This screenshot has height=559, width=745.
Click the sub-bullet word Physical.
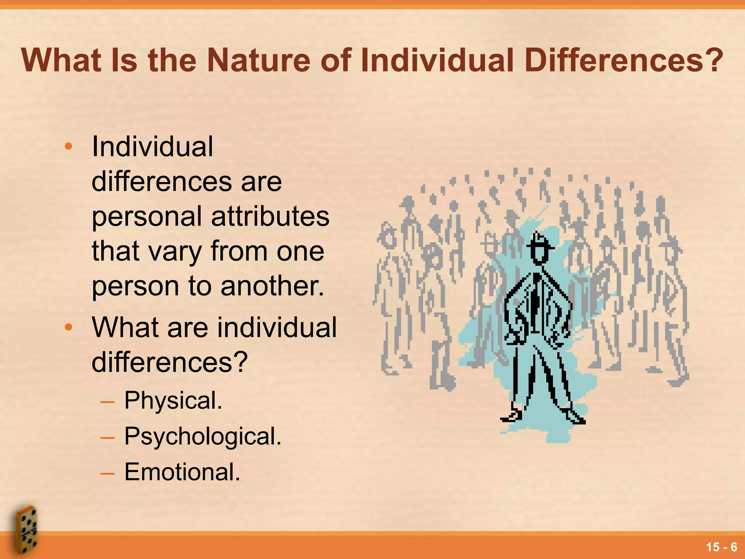173,401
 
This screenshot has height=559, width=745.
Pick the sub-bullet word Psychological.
203,436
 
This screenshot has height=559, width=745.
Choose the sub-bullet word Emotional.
182,472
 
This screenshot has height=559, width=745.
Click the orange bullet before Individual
68,147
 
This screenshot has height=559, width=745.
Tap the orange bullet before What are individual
68,327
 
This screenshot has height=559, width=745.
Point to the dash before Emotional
107,473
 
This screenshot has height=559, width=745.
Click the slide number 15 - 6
721,547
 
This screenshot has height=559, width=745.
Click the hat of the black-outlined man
539,241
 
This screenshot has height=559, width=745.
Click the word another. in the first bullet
272,286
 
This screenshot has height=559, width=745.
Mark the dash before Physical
107,402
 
